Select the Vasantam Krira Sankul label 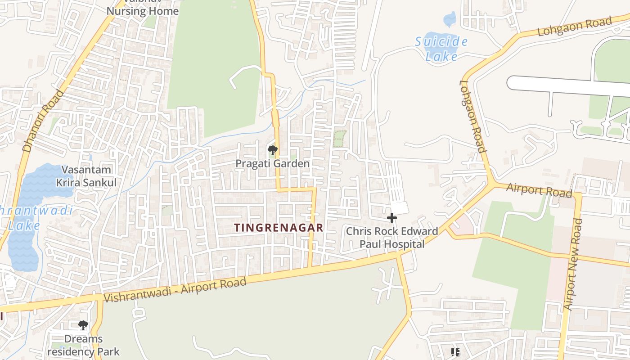86,176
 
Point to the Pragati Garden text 273,163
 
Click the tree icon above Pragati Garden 272,150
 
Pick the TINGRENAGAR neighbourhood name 279,228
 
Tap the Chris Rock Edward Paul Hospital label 392,238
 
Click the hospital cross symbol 392,218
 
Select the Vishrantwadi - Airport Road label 175,290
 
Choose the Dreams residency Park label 83,345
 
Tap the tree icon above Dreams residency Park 83,325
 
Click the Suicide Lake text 441,49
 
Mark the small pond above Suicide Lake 450,19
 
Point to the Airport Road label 539,190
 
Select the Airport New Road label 572,264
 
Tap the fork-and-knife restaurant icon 455,352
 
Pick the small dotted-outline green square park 340,139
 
